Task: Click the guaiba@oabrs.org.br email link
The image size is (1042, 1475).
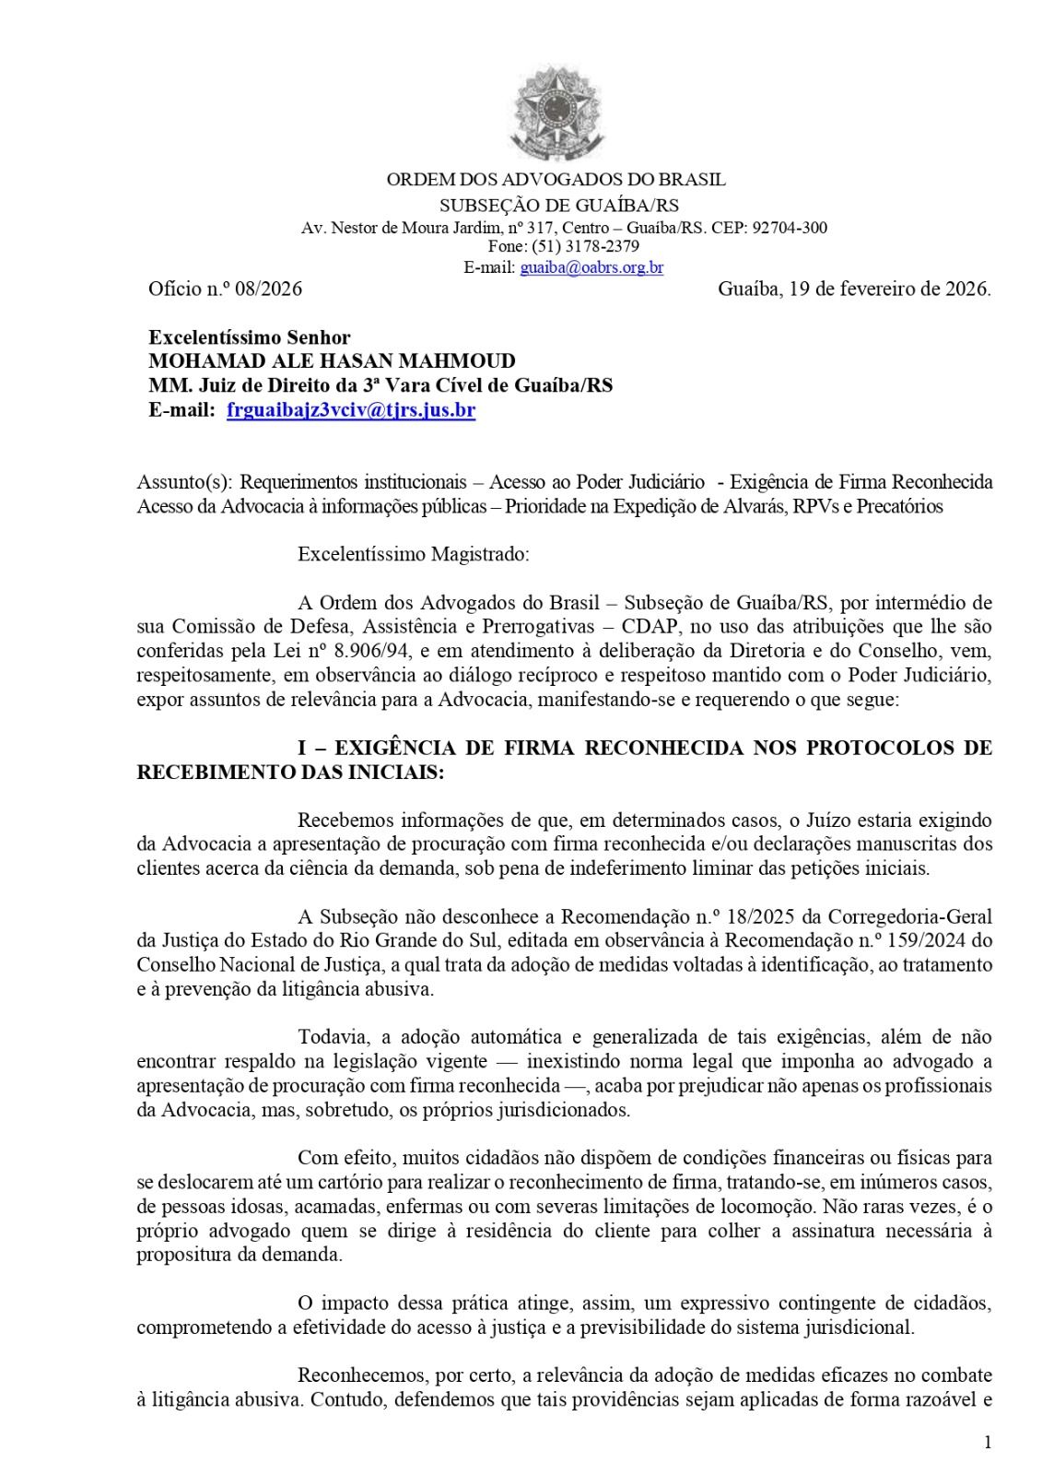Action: pyautogui.click(x=591, y=268)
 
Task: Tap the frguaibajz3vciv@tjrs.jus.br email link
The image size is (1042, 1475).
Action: pyautogui.click(x=351, y=411)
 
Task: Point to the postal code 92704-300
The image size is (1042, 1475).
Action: pyautogui.click(x=790, y=227)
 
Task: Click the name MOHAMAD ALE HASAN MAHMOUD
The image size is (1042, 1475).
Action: pyautogui.click(x=332, y=361)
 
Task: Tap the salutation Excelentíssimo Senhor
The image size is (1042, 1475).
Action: pyautogui.click(x=249, y=338)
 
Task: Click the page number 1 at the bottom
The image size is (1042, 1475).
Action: pyautogui.click(x=987, y=1444)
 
